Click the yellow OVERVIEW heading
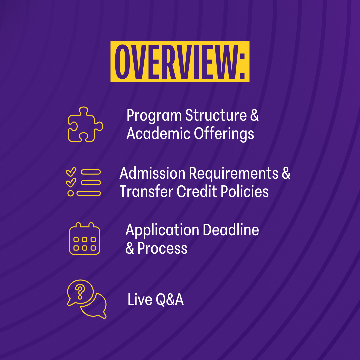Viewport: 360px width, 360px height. point(180,62)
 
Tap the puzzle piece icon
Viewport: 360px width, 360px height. point(85,124)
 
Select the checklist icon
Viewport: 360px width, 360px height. point(83,182)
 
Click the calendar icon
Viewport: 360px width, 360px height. point(85,239)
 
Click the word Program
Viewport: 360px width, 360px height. point(154,116)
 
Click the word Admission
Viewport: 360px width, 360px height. point(152,173)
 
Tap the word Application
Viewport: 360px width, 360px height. point(162,231)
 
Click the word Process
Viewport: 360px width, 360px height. point(162,248)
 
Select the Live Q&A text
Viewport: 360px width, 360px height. point(156,300)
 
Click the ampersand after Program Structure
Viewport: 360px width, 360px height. point(254,115)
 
